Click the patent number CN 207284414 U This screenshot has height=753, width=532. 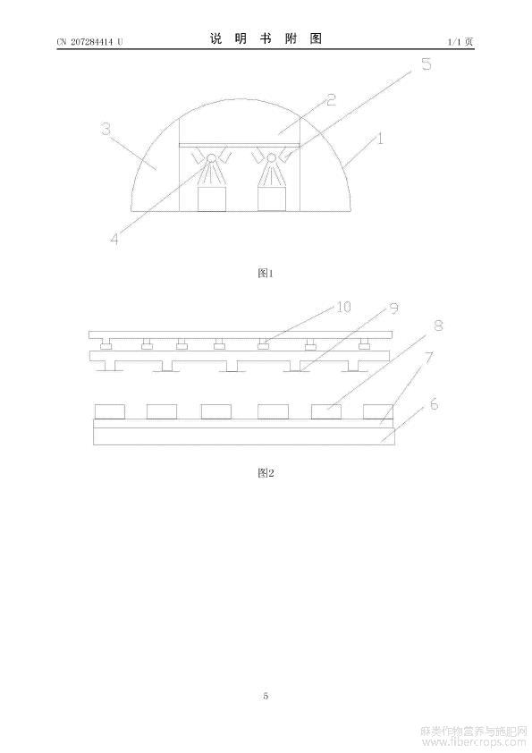tap(89, 42)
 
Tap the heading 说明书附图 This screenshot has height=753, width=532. tap(266, 38)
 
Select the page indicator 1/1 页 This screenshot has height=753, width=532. tap(460, 42)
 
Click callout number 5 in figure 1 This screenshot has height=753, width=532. tap(426, 63)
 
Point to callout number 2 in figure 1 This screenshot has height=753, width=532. tap(331, 100)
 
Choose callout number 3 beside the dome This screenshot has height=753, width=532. tap(106, 129)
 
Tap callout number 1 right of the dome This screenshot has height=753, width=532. tap(380, 139)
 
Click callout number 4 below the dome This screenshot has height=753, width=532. tap(114, 238)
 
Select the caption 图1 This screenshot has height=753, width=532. tap(266, 274)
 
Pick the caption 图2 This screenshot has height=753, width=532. tap(266, 473)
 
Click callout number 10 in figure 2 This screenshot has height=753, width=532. tap(343, 307)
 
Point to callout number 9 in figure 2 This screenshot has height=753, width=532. tap(394, 308)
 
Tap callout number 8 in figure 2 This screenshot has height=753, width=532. tap(438, 326)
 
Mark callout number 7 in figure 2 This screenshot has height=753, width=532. tap(429, 358)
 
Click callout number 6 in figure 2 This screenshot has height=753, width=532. tap(434, 404)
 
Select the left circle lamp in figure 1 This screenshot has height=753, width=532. tap(211, 157)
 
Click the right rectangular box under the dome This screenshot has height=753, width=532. tap(272, 199)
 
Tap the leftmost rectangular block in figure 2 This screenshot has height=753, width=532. tap(110, 412)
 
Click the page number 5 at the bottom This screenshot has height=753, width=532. tap(266, 696)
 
